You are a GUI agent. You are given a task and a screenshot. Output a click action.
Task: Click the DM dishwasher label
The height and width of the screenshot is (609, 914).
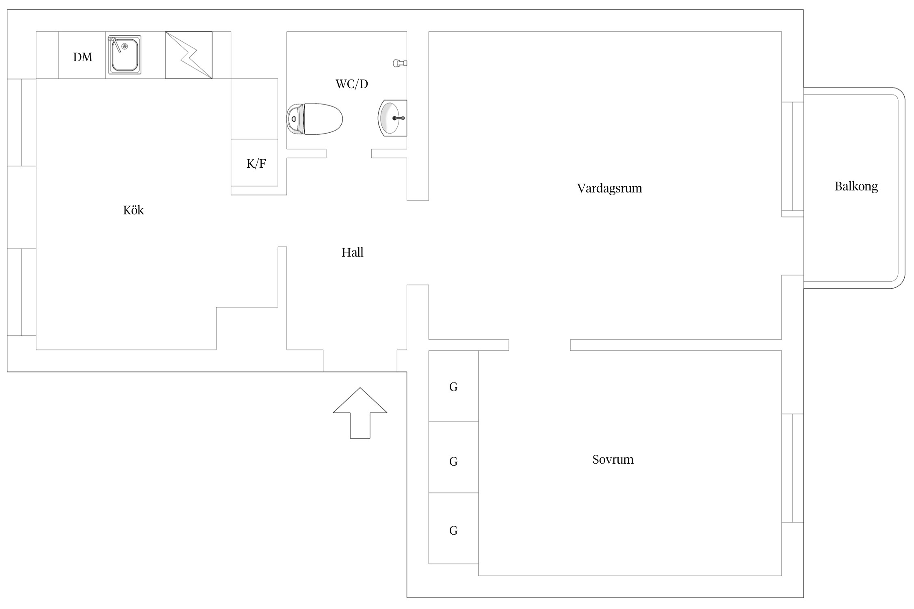82,57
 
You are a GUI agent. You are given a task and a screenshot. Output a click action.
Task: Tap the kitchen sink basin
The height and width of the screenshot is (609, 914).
124,55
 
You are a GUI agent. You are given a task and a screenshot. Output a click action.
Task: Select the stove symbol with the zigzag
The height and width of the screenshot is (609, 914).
188,55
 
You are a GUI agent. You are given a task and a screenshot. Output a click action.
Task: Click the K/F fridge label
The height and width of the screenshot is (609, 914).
256,164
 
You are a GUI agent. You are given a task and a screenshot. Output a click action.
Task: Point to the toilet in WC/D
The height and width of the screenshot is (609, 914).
314,119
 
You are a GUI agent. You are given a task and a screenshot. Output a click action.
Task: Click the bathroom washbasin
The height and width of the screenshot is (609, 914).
392,118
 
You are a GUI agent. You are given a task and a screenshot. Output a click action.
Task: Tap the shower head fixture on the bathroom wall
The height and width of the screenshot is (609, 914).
400,63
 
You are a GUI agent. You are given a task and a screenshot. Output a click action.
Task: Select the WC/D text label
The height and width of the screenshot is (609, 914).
352,84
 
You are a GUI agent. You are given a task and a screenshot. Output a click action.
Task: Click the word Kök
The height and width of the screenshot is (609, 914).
133,210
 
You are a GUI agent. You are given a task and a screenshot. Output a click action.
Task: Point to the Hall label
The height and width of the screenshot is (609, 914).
352,253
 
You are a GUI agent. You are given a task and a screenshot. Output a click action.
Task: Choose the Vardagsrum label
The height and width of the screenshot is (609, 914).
609,188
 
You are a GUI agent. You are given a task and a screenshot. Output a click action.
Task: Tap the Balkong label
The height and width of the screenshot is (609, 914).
856,186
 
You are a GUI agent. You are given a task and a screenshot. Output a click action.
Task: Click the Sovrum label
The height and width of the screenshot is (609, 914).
613,460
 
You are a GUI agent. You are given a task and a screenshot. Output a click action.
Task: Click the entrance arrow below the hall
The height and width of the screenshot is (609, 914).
360,413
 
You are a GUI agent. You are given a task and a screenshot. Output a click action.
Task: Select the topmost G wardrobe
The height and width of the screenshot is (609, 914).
453,386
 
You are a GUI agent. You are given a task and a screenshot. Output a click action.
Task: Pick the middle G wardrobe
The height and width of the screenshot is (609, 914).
453,457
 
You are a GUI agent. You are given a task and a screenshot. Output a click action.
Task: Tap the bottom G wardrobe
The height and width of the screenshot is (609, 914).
453,528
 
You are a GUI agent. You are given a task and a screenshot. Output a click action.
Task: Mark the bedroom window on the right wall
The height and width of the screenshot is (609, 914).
793,468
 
